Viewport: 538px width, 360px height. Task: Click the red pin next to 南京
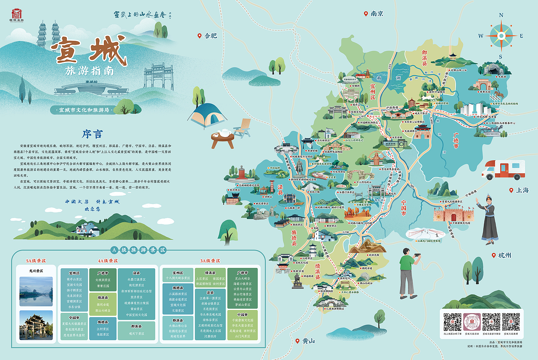pyautogui.click(x=366, y=13)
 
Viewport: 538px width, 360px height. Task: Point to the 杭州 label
pyautogui.click(x=504, y=255)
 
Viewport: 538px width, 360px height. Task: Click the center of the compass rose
pyautogui.click(x=501, y=36)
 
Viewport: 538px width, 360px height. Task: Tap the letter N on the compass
pyautogui.click(x=501, y=16)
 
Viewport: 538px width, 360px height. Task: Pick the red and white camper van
pyautogui.click(x=503, y=169)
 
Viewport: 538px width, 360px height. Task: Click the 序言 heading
pyautogui.click(x=92, y=134)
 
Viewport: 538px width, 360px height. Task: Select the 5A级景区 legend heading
pyautogui.click(x=36, y=261)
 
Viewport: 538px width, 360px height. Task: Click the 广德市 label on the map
pyautogui.click(x=456, y=141)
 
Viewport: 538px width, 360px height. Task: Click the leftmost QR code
pyautogui.click(x=452, y=321)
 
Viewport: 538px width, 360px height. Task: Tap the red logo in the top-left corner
pyautogui.click(x=16, y=14)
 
